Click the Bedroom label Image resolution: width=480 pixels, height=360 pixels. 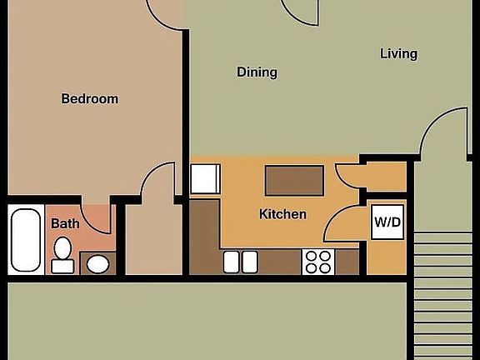(x=90, y=98)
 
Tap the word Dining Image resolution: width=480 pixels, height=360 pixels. (x=257, y=72)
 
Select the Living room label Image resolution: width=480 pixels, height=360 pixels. (x=398, y=54)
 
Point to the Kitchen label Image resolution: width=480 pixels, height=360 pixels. (x=282, y=214)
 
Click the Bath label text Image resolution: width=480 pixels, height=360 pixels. (x=65, y=223)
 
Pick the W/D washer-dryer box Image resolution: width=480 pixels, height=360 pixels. (x=387, y=222)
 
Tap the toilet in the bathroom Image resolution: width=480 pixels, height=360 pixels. (x=62, y=255)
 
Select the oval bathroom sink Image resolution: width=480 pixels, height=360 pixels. (x=98, y=264)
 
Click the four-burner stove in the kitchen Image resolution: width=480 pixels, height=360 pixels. (x=317, y=262)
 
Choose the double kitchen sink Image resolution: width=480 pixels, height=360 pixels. (x=241, y=262)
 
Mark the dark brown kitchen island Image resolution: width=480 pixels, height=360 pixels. (x=294, y=178)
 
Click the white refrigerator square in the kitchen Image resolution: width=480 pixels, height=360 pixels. (x=204, y=179)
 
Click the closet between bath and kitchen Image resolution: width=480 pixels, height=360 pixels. (x=152, y=242)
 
